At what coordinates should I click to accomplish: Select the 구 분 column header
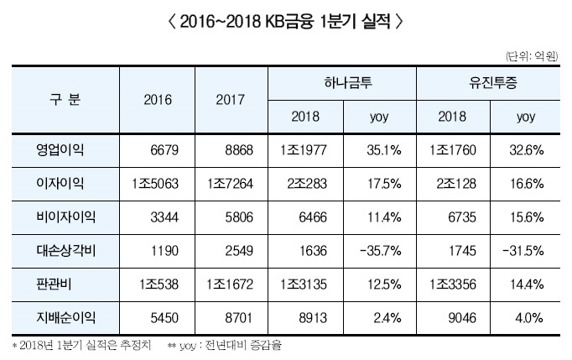pyautogui.click(x=65, y=99)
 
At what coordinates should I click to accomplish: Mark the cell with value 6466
pyautogui.click(x=304, y=217)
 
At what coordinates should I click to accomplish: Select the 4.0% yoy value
pyautogui.click(x=528, y=317)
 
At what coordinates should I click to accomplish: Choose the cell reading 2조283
pyautogui.click(x=304, y=184)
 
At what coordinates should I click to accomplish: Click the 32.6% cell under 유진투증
pyautogui.click(x=528, y=149)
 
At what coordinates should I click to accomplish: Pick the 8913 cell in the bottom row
pyautogui.click(x=304, y=317)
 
